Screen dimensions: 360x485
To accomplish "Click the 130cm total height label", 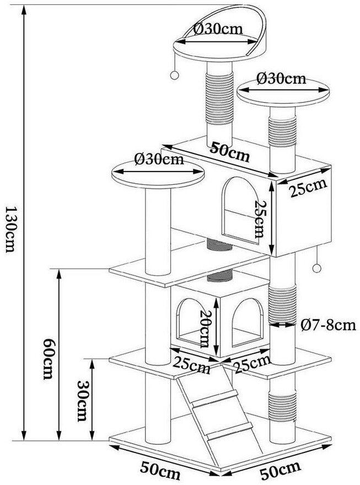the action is click(x=10, y=230).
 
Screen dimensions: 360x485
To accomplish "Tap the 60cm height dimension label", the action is click(x=48, y=359).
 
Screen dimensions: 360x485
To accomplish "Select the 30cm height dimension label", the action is click(x=82, y=401).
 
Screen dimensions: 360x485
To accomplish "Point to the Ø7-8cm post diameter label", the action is click(x=328, y=325).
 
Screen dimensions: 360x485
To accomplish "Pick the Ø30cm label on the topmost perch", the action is click(x=218, y=29).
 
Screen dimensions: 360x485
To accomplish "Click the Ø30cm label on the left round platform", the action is click(x=159, y=159).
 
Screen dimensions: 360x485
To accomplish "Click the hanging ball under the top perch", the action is click(x=175, y=75).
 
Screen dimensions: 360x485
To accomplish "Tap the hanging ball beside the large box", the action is click(x=316, y=268).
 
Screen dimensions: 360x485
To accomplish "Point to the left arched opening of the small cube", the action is click(x=189, y=321).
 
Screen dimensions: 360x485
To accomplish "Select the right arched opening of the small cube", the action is click(x=248, y=322).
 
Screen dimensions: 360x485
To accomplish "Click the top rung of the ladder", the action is click(x=215, y=397).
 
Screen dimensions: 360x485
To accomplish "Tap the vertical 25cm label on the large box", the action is click(x=260, y=218).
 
